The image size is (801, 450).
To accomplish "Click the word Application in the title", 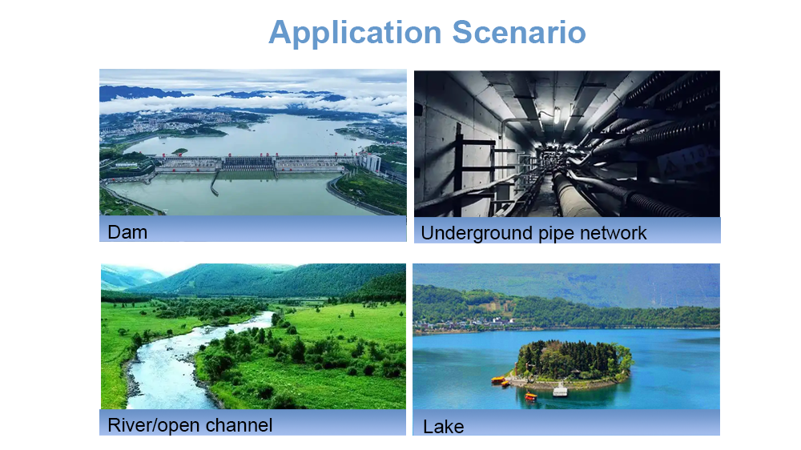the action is point(355,33).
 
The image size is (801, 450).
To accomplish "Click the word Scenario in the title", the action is point(519,32).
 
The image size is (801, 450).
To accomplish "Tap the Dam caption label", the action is point(127,232).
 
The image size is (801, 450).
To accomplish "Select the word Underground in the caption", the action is point(477,234).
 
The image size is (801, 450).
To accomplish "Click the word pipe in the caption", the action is point(557,235).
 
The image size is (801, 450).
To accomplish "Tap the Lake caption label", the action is point(444,427).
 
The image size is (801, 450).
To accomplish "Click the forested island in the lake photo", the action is point(574,362).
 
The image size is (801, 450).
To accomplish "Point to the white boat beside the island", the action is point(561,391).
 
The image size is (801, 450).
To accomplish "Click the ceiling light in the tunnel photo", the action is point(557,116).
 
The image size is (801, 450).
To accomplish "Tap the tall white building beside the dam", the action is point(371,163).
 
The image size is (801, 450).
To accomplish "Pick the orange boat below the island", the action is point(531,396).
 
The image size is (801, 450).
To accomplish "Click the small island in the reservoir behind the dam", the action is point(179,151).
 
